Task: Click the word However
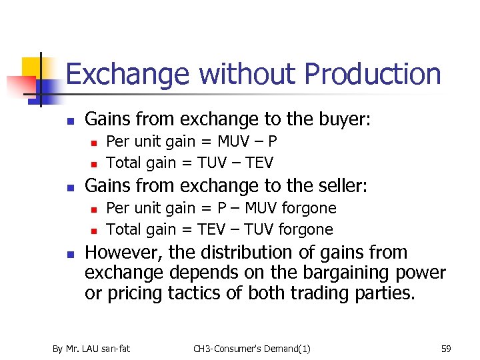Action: click(x=123, y=253)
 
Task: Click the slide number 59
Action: click(x=446, y=348)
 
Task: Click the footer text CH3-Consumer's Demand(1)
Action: click(x=251, y=348)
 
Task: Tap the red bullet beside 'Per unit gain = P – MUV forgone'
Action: click(x=94, y=209)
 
